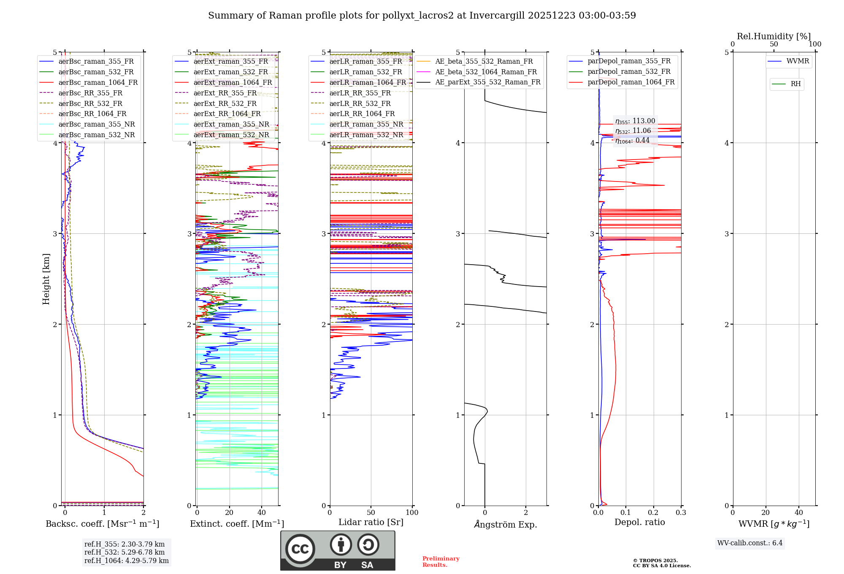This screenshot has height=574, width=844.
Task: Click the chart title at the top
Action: pyautogui.click(x=422, y=16)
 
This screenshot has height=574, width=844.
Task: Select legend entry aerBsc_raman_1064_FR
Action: pyautogui.click(x=98, y=82)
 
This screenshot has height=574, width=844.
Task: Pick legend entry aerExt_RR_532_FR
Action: pyautogui.click(x=225, y=103)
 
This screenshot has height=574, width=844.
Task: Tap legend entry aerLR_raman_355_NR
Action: pyautogui.click(x=366, y=124)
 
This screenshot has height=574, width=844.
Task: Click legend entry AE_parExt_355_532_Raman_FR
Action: pyautogui.click(x=487, y=82)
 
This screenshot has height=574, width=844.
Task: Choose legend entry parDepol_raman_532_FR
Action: pyautogui.click(x=629, y=72)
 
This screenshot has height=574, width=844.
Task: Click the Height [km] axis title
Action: pyautogui.click(x=46, y=279)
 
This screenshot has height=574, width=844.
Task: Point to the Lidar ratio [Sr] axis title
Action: pyautogui.click(x=371, y=522)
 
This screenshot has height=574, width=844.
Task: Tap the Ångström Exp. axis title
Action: pyautogui.click(x=505, y=524)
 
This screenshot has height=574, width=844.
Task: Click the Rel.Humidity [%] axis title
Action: pyautogui.click(x=774, y=36)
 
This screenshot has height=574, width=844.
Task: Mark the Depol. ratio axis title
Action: pyautogui.click(x=639, y=522)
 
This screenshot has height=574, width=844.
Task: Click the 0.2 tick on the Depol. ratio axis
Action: pyautogui.click(x=653, y=512)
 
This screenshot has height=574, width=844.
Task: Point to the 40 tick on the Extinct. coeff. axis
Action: pyautogui.click(x=262, y=512)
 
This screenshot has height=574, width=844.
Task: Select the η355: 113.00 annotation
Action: pyautogui.click(x=635, y=121)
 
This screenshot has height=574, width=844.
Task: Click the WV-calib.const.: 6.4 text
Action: pyautogui.click(x=749, y=543)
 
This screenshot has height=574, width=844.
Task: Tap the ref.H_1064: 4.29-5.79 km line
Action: pyautogui.click(x=126, y=560)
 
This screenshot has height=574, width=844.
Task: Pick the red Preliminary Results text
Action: pyautogui.click(x=441, y=561)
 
